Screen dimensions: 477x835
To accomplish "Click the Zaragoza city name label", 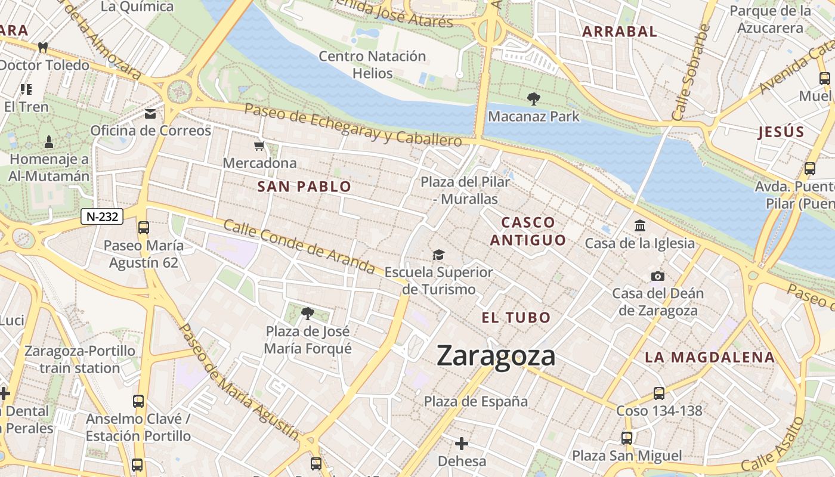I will [496, 356].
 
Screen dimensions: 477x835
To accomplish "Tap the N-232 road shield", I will [102, 216].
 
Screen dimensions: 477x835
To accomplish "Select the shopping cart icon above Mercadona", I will [259, 146].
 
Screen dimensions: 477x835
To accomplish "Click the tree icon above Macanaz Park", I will [533, 98].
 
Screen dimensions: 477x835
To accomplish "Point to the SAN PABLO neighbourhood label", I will [304, 187].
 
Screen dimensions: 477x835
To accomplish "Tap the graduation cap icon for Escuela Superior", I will [438, 255].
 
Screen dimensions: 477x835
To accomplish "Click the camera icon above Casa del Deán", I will [658, 276].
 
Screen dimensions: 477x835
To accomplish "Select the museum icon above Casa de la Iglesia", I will [640, 225].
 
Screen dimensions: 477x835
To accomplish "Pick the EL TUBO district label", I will [516, 318].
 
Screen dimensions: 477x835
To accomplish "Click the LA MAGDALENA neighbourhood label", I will [710, 358].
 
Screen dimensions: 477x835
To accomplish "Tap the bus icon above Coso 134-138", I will [659, 393].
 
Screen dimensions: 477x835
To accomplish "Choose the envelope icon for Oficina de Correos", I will [150, 114].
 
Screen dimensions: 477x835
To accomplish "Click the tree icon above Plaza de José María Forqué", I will [307, 313].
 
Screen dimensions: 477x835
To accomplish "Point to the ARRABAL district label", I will [619, 32].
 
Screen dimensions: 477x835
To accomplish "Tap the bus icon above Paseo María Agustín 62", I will [143, 227].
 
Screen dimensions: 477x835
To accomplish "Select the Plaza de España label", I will [475, 402].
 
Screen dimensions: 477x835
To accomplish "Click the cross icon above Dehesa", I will [461, 444].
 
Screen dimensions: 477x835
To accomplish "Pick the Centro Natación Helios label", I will [372, 64].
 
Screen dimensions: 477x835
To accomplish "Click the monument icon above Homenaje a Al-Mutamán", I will [49, 142].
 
